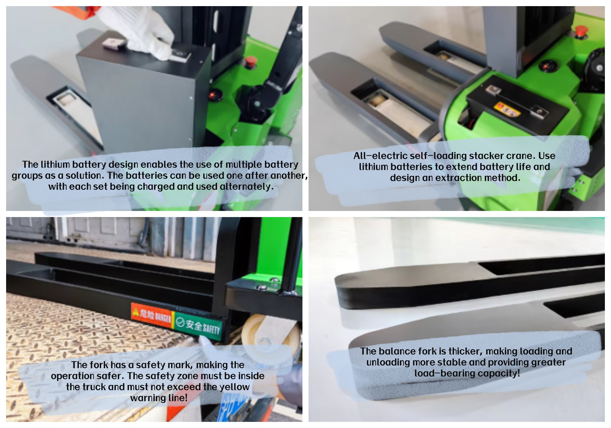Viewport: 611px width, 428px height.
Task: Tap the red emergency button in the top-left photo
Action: (251, 61)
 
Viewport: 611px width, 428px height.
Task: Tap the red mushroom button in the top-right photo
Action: (581, 31)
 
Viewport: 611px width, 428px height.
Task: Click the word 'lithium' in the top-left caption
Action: (55, 164)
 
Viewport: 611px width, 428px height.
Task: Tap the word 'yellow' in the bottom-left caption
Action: (235, 387)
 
